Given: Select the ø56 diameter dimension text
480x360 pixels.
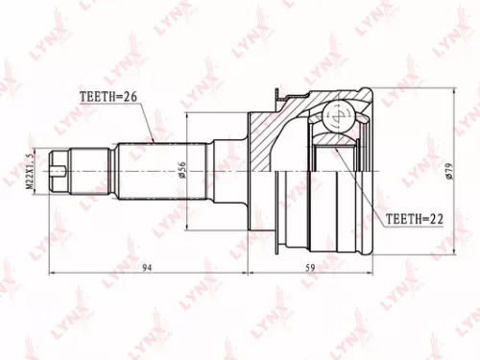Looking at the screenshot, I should [180, 172].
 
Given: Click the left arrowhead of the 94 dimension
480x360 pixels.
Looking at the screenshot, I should [51, 276].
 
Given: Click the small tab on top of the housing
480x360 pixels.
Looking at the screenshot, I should [279, 96].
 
